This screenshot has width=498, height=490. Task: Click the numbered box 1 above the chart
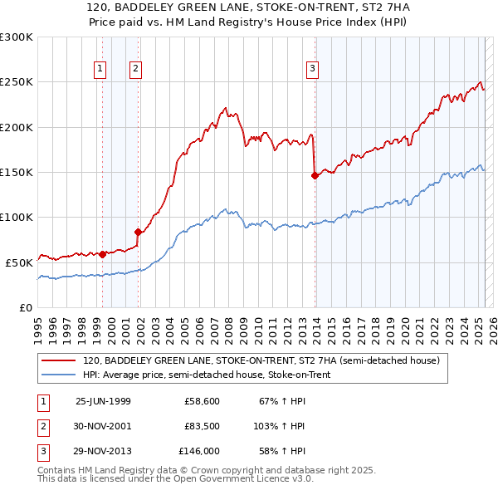100,70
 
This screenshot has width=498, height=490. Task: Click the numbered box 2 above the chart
135,70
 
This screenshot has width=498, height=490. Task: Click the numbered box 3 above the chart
312,70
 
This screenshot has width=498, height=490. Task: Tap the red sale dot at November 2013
315,175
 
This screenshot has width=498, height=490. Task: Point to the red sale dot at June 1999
102,254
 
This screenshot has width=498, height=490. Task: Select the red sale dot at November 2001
139,232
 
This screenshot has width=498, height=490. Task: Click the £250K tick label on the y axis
17,82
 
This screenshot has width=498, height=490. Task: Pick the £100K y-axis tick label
17,217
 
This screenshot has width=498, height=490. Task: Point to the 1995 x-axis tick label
38,326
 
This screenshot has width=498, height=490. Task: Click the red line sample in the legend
59,361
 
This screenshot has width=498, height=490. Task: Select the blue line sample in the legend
59,375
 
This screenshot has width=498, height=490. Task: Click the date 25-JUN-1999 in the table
103,401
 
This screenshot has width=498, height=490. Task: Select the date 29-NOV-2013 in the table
103,452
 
